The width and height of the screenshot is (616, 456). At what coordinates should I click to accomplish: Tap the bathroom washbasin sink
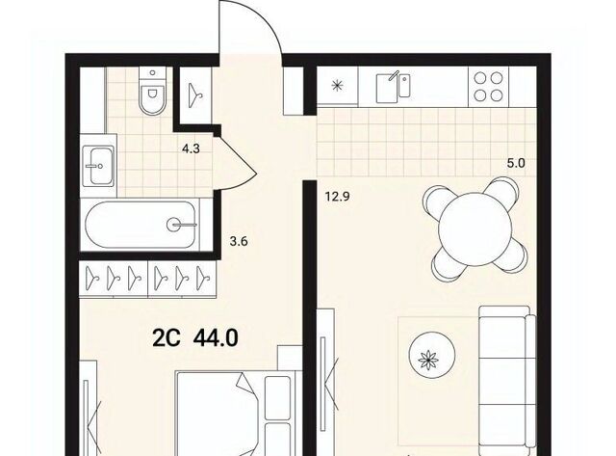point(99,166)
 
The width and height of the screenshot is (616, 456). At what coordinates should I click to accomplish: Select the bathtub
point(141,225)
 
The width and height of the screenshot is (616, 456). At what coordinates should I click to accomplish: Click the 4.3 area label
point(191,149)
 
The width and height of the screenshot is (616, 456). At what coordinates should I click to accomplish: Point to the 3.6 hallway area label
point(239,241)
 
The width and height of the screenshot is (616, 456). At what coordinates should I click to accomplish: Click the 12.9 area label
point(337,196)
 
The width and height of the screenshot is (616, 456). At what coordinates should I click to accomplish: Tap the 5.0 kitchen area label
point(516,163)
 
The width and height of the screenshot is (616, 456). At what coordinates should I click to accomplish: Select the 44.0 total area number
point(216,337)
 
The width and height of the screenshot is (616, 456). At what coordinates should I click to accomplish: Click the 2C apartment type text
point(167,337)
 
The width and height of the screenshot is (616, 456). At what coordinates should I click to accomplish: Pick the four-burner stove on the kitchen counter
point(488,87)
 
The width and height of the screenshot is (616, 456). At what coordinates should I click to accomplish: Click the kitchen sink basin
point(387,89)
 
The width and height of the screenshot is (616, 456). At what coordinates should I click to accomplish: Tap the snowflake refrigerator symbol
point(336,86)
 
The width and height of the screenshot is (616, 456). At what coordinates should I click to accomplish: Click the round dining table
point(475,228)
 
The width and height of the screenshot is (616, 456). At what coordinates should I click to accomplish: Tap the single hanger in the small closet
point(196,95)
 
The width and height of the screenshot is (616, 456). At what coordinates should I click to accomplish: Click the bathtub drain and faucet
point(181,225)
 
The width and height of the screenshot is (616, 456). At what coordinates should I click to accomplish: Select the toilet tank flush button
point(153,73)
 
